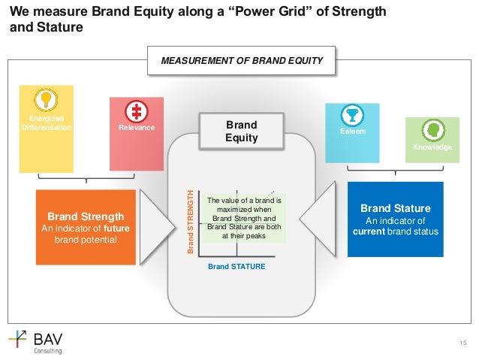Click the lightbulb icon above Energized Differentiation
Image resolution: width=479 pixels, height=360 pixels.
tap(47, 99)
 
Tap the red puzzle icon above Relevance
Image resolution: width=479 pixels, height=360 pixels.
tap(136, 110)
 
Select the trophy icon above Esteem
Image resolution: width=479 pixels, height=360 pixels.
tap(351, 116)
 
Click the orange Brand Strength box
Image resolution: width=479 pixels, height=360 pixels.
tap(86, 226)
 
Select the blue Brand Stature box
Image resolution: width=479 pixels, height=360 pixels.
tap(395, 219)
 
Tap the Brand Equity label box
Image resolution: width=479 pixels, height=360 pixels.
tap(241, 132)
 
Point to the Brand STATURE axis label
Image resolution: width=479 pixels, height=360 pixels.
tap(236, 266)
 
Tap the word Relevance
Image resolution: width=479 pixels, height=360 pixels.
tap(137, 127)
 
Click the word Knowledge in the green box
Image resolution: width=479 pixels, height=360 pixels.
tap(432, 147)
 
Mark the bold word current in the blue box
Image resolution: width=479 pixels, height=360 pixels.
tap(369, 231)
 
